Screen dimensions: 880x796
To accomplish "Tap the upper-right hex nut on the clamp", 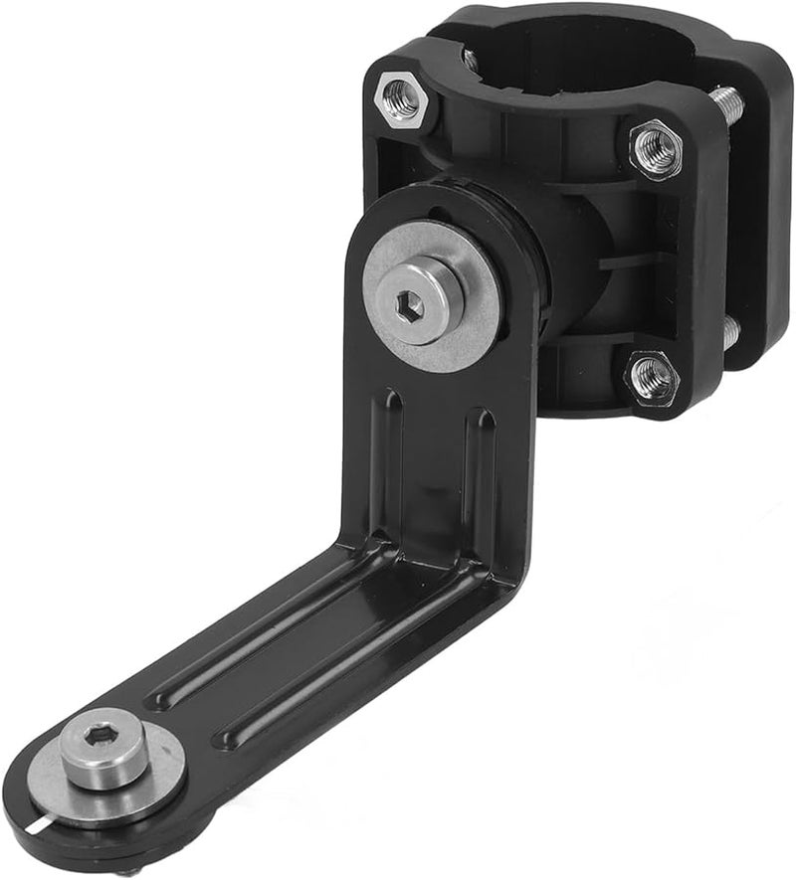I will tap(656, 148).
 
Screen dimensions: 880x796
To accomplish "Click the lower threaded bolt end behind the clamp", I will tap(730, 333).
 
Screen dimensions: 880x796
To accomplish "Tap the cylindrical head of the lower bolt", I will tap(104, 756).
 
